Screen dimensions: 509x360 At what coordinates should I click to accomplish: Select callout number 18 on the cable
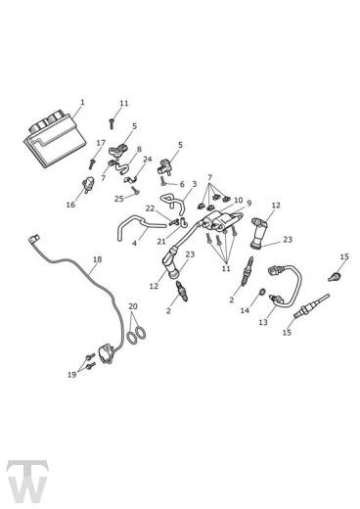tap(96, 259)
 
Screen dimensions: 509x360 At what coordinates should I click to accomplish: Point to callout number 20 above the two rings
tap(133, 306)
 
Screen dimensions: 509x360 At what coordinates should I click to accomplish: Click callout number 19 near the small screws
tap(70, 374)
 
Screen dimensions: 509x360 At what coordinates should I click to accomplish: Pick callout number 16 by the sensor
tap(70, 205)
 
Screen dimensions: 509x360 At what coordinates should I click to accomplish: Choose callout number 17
tap(100, 143)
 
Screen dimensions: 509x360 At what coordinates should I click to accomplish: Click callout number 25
tap(118, 198)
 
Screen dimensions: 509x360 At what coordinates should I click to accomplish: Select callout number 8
tap(138, 150)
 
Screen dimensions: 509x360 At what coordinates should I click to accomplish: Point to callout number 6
tap(181, 184)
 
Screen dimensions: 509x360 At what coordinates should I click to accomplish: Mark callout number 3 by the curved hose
tap(194, 183)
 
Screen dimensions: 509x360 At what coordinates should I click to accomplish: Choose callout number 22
tap(150, 208)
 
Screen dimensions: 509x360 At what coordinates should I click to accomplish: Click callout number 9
tap(248, 204)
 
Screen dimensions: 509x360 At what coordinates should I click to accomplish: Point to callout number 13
tap(262, 322)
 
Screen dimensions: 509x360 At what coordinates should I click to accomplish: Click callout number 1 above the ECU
tap(82, 102)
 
